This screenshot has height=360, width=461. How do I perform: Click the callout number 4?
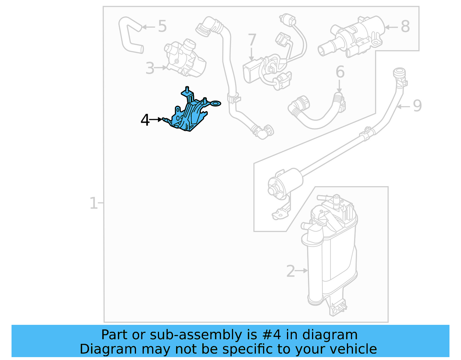click(145, 120)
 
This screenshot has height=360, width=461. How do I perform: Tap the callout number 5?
click(162, 26)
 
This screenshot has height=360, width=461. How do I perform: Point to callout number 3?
click(150, 68)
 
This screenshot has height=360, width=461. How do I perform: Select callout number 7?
click(252, 40)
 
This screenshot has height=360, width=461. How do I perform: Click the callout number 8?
click(405, 27)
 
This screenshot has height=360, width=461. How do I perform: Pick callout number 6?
click(340, 72)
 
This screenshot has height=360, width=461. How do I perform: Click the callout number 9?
click(417, 106)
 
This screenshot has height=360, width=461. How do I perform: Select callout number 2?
click(290, 271)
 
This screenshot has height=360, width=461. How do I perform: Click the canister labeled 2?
click(331, 254)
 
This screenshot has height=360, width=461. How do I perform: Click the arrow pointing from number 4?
click(156, 119)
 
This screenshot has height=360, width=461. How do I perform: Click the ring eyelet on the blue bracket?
click(216, 103)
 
